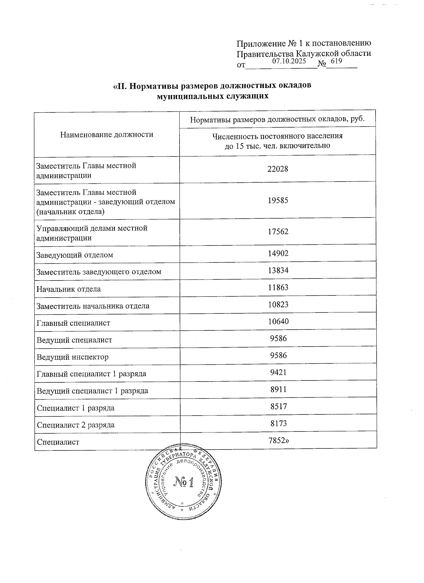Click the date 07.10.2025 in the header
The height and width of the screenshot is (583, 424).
tap(289, 61)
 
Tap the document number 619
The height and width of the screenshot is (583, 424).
tap(337, 61)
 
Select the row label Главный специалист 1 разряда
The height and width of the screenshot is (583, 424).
tap(92, 374)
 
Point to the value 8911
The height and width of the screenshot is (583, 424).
tap(278, 389)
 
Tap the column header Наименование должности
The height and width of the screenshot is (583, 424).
tap(107, 134)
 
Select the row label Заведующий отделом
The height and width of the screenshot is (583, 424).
tap(75, 255)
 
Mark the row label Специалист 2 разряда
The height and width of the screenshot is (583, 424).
tap(76, 425)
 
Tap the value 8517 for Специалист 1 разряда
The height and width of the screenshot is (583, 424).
tap(278, 406)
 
